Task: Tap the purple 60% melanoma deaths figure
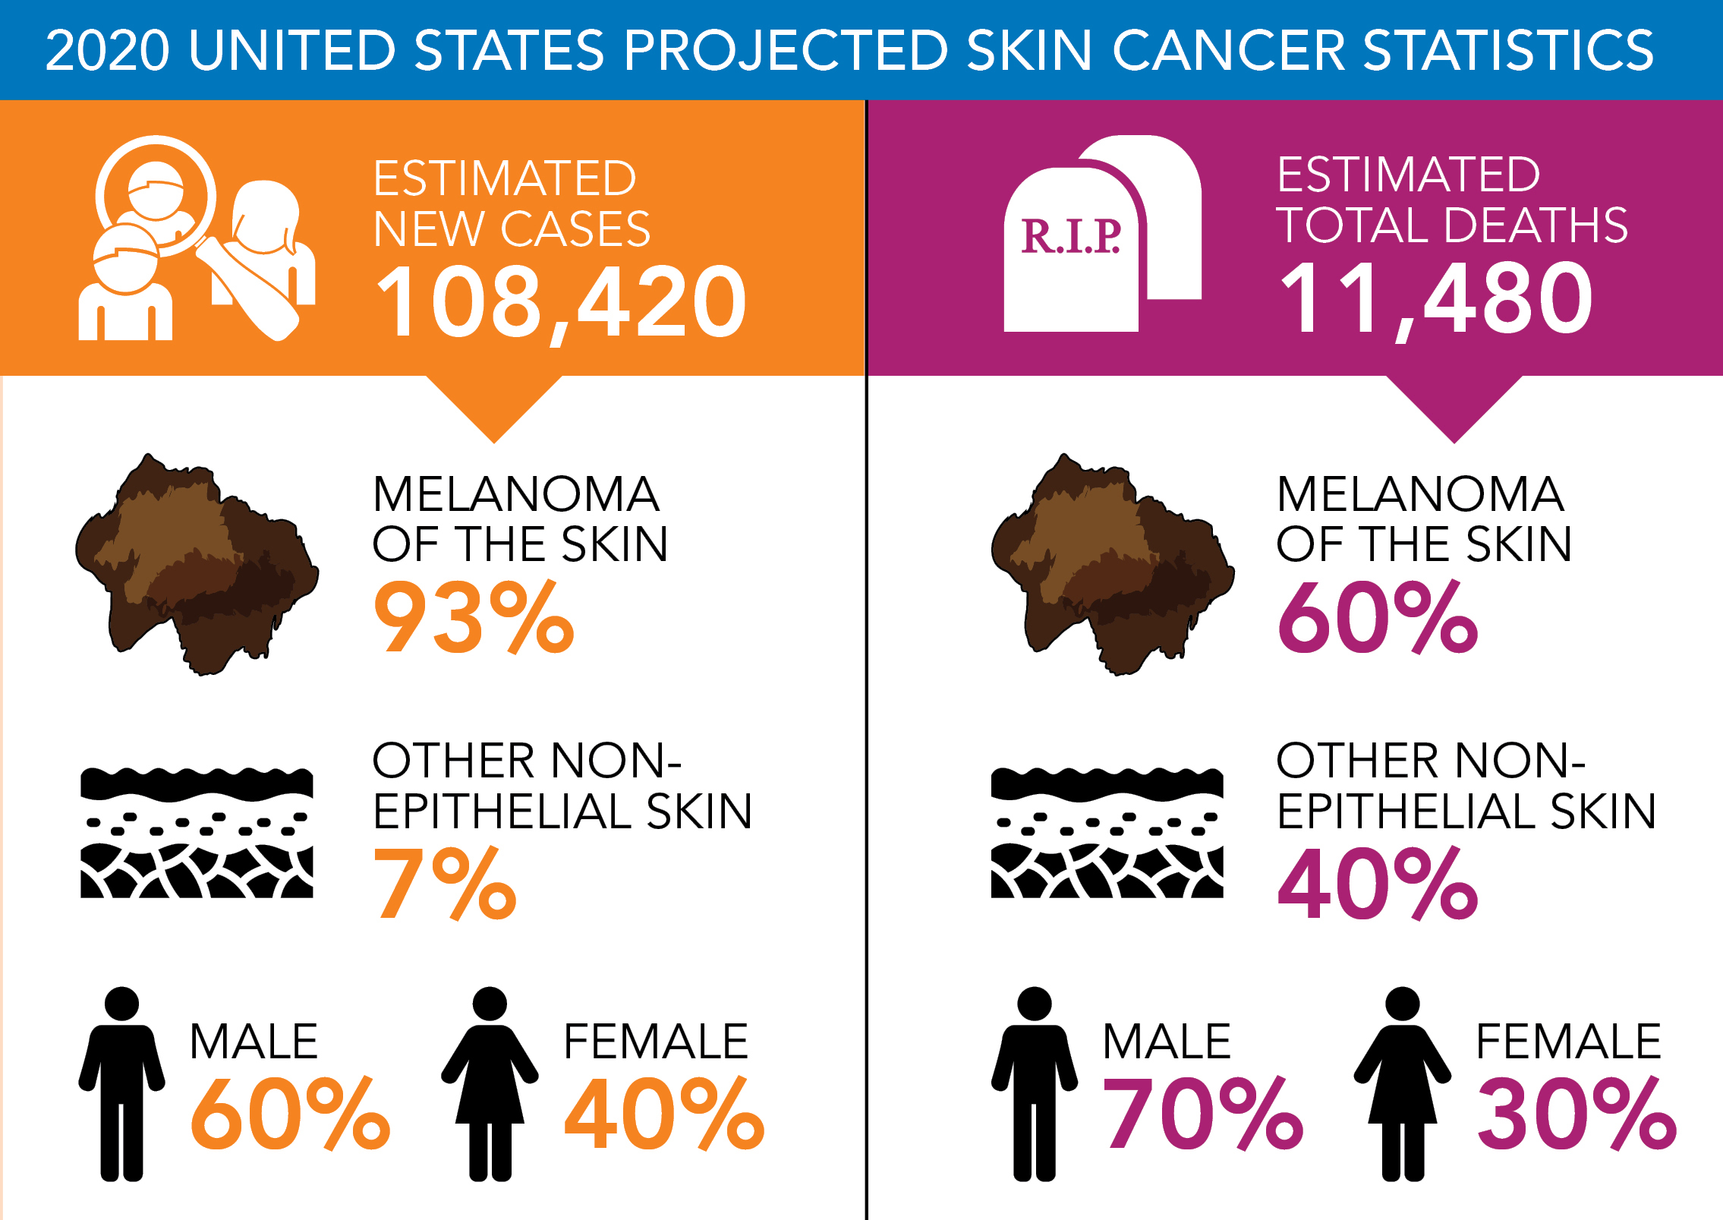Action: [1378, 616]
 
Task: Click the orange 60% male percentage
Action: [290, 1114]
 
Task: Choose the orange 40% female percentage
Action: [664, 1114]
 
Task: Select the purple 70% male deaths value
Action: [1203, 1114]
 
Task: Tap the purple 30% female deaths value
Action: [1577, 1114]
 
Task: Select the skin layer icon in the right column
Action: [1107, 833]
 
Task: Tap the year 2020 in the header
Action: [107, 50]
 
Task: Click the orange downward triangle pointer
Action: [494, 406]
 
